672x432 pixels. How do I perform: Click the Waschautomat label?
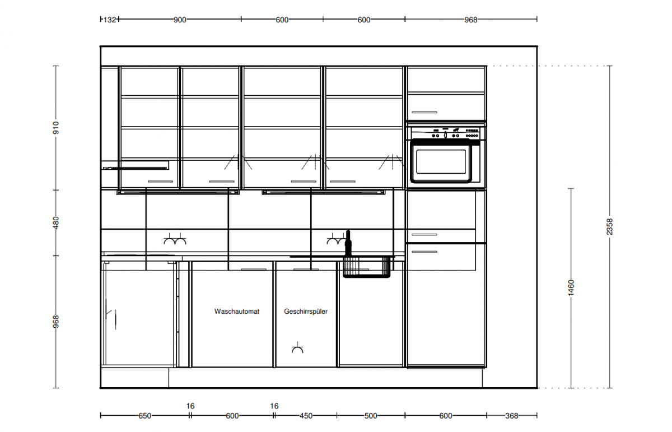point(237,312)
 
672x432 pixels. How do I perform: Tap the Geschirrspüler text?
point(306,312)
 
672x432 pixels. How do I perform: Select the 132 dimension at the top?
point(110,20)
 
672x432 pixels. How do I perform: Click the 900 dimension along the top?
point(180,20)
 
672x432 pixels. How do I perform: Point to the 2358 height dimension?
point(609,227)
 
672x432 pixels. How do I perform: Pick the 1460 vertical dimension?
point(571,287)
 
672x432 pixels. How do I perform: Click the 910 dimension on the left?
point(56,128)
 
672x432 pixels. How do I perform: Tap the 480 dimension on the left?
point(56,223)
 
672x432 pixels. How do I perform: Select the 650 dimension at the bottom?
point(144,416)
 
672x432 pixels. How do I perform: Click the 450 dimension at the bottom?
point(306,416)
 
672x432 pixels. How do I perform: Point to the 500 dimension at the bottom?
point(371,416)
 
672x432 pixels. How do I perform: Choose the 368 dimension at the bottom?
point(512,416)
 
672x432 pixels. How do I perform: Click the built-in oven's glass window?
point(441,161)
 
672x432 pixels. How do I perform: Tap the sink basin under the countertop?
point(367,267)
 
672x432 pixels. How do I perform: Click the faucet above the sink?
point(348,243)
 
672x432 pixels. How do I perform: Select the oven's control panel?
point(446,133)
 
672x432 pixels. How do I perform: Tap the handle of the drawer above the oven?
point(424,112)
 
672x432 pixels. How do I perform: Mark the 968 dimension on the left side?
point(56,322)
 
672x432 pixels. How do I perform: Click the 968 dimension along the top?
point(471,20)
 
